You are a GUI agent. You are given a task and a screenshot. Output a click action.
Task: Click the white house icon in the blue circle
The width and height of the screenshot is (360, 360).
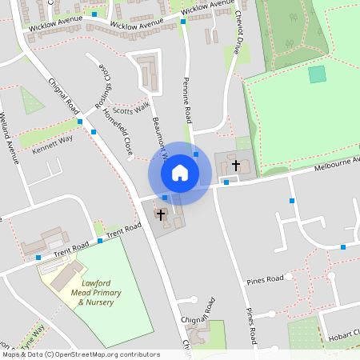coord(179,172)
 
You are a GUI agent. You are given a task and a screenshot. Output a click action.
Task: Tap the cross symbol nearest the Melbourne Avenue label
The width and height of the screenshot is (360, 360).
coord(235,165)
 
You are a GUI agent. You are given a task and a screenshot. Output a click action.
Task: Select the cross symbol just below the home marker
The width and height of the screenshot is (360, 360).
coord(160,214)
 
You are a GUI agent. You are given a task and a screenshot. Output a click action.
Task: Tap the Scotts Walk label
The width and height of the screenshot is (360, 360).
coord(131,110)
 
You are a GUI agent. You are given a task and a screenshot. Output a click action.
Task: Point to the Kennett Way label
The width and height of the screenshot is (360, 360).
coord(52,142)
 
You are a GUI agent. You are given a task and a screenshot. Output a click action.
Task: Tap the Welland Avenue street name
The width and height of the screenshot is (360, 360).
coord(10,137)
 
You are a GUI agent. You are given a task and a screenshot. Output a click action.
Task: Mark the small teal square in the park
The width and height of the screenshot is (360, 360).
coord(318,74)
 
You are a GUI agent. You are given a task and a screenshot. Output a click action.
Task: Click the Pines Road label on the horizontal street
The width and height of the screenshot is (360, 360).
coord(264,280)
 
